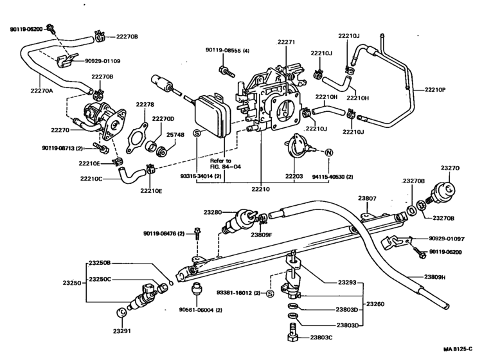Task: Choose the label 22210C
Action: click(x=90, y=179)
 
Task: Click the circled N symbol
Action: click(x=328, y=152)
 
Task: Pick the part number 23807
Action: click(x=368, y=199)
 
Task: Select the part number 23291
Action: click(x=121, y=331)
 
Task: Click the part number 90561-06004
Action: click(x=201, y=310)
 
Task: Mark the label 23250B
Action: click(x=100, y=263)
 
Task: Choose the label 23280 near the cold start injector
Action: click(x=213, y=212)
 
